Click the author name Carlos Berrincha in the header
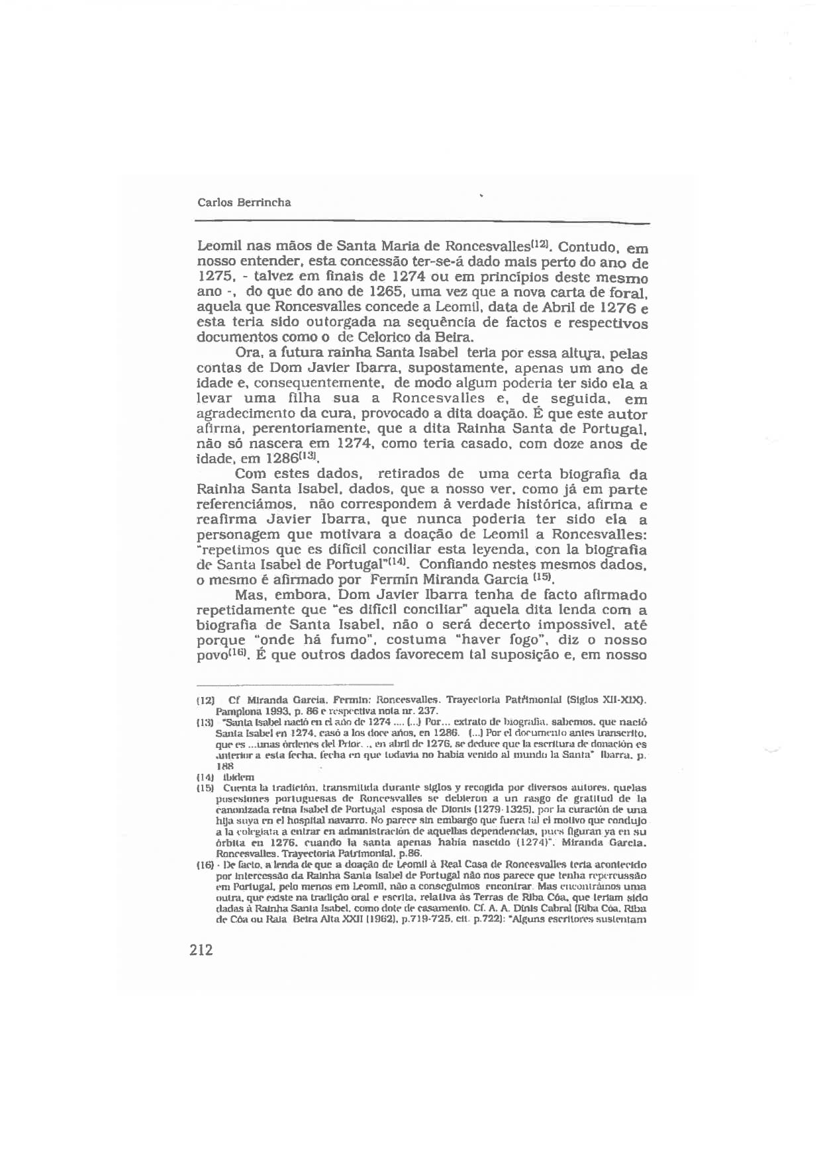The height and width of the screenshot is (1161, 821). (244, 203)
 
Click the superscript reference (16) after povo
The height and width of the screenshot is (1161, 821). (238, 653)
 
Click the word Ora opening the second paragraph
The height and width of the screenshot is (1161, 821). (248, 354)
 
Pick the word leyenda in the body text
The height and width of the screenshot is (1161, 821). (479, 550)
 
